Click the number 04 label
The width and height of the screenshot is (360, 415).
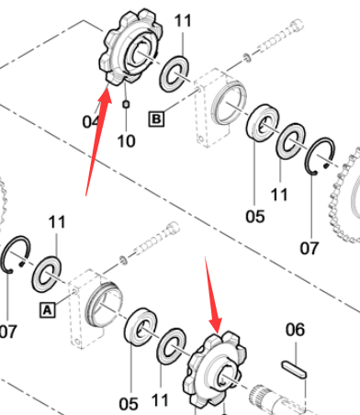point(90,121)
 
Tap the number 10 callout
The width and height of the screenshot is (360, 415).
point(126,141)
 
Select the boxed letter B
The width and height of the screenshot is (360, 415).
point(156,118)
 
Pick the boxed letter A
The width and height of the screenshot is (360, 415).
point(48,310)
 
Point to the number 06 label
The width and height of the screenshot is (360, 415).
point(295,330)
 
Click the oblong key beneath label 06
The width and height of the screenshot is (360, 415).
point(294,369)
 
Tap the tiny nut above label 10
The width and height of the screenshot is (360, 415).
point(126,105)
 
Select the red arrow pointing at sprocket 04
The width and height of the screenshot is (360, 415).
point(98,141)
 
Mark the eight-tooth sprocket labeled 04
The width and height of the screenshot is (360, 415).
point(131,48)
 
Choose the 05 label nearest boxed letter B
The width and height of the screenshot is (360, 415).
point(255,217)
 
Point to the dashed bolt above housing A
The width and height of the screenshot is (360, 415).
point(156,240)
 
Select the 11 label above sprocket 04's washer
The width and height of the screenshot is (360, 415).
point(183,21)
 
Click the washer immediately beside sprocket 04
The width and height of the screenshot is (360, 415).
point(174,73)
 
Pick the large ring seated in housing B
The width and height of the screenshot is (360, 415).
point(229,103)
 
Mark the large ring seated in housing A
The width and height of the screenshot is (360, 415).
point(104,305)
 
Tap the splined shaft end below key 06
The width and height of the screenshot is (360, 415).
point(266,398)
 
